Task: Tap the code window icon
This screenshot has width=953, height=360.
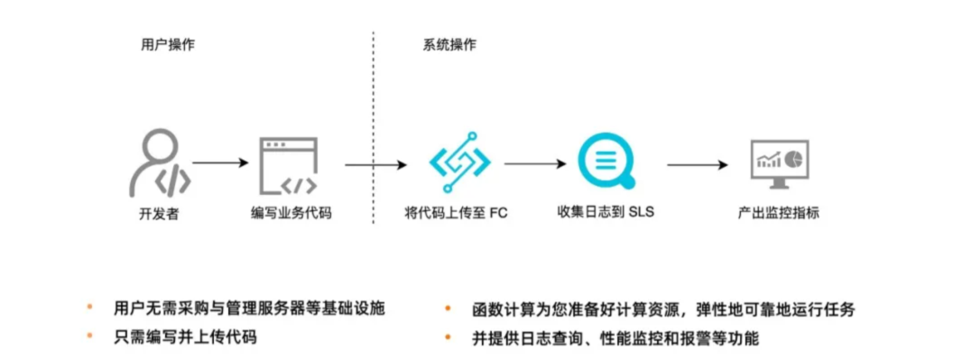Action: click(x=288, y=165)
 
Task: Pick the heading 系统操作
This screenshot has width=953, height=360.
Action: click(x=449, y=44)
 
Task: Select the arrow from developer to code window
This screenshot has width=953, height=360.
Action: click(x=220, y=163)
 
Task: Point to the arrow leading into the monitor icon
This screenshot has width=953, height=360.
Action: click(x=697, y=164)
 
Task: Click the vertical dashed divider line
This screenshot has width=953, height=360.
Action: click(x=373, y=108)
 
